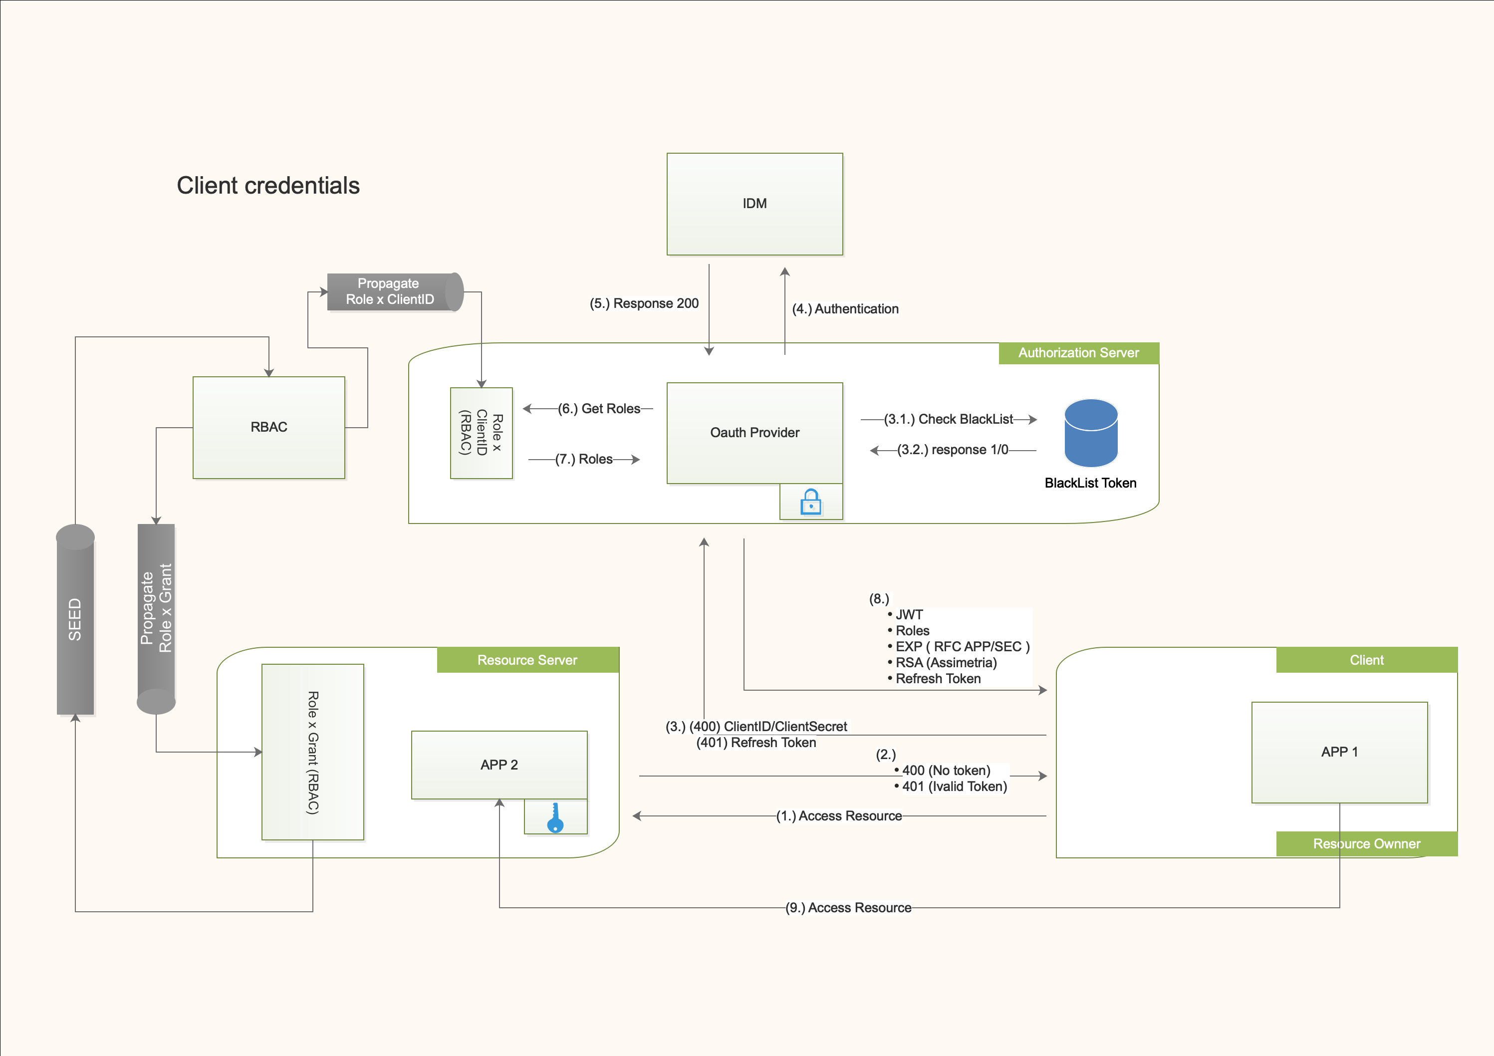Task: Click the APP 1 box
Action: [x=1339, y=752]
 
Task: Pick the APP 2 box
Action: [x=499, y=765]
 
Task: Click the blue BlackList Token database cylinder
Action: [x=1091, y=433]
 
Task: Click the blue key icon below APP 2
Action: [x=555, y=818]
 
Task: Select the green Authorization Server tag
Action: [x=1078, y=353]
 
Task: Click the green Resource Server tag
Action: [x=527, y=660]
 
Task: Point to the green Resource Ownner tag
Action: [x=1366, y=844]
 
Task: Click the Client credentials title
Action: [x=268, y=186]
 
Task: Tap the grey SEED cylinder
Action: [x=75, y=619]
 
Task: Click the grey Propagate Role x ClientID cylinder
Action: [x=393, y=292]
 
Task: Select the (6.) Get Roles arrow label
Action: [x=599, y=409]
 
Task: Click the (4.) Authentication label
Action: [x=845, y=309]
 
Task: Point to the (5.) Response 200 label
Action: [x=644, y=304]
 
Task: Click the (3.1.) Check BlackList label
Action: [x=948, y=420]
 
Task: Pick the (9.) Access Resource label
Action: [x=848, y=908]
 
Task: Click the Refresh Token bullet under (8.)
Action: [x=937, y=679]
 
